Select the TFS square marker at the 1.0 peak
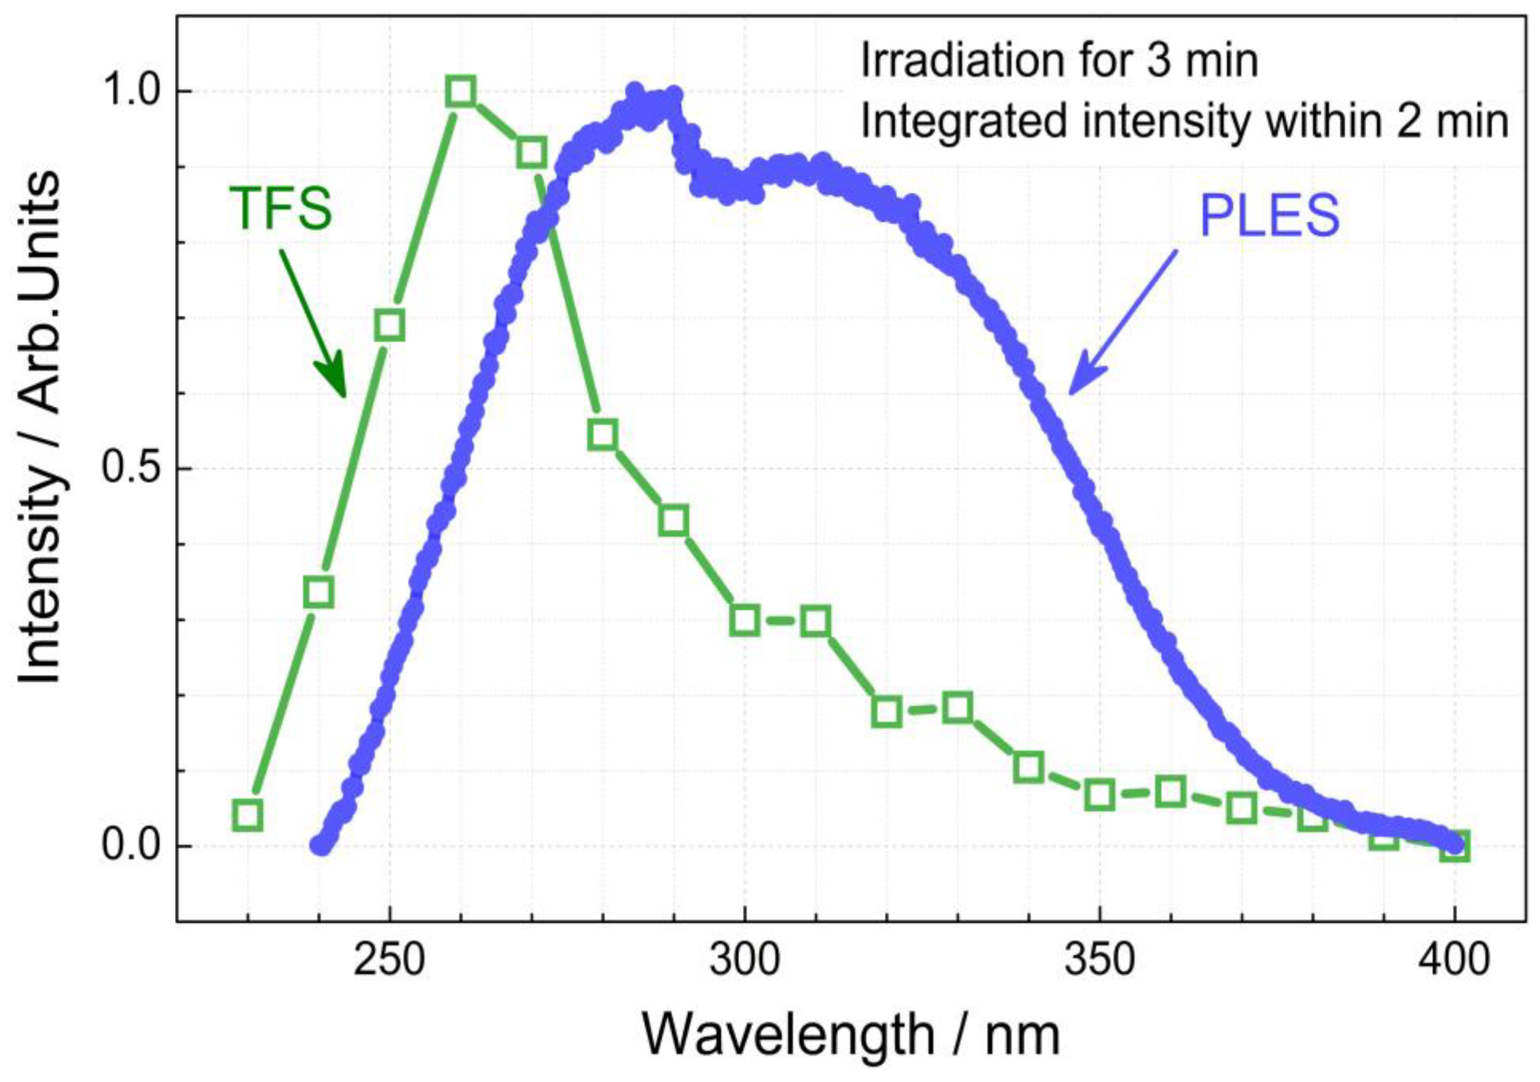pyautogui.click(x=461, y=91)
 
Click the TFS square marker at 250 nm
pyautogui.click(x=389, y=325)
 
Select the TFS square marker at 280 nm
pyautogui.click(x=603, y=435)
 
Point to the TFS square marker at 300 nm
pyautogui.click(x=744, y=620)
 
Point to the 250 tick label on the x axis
pyautogui.click(x=389, y=961)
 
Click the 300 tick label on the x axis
pyautogui.click(x=744, y=961)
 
